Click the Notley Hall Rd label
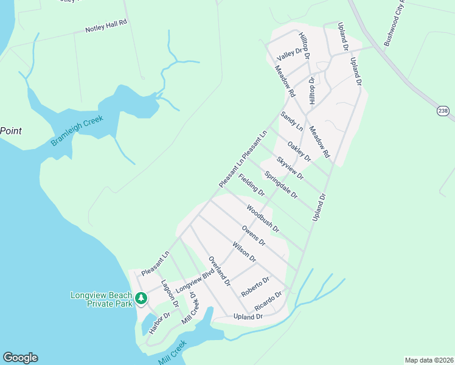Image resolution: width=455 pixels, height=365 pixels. click(x=106, y=25)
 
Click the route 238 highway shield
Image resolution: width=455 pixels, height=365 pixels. click(x=443, y=110)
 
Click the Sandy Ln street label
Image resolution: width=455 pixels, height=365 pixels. click(x=291, y=121)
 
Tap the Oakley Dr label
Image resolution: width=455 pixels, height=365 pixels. click(x=299, y=151)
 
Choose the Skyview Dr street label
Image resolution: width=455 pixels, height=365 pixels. click(x=290, y=167)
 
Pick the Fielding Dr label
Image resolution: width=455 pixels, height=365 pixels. click(x=252, y=185)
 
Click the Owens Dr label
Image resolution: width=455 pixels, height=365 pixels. click(x=254, y=235)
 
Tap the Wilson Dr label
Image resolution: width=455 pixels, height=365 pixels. click(x=245, y=252)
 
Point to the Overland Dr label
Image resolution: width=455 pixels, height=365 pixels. click(x=220, y=271)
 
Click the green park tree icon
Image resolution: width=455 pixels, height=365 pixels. click(x=141, y=298)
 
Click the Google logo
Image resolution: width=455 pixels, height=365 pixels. click(x=20, y=358)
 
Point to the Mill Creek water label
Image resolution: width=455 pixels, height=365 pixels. click(x=172, y=352)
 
